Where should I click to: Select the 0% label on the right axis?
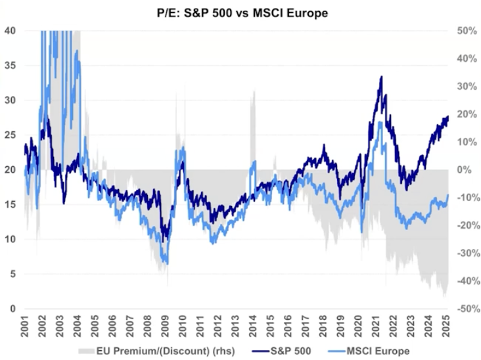[x=465, y=169]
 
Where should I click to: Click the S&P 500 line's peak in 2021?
[x=381, y=77]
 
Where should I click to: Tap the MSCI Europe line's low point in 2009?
[x=166, y=263]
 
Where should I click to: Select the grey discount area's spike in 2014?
[x=253, y=91]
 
